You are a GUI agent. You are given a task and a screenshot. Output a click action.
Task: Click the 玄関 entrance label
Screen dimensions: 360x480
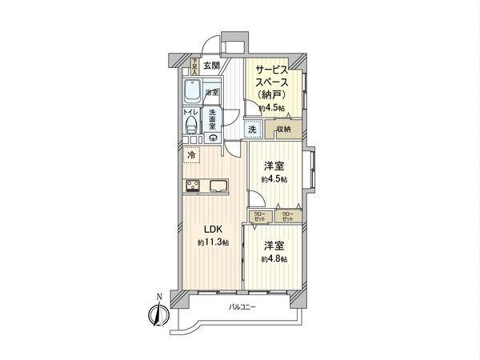coord(212,66)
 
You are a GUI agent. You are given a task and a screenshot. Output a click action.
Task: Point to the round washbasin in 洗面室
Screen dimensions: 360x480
coord(214,138)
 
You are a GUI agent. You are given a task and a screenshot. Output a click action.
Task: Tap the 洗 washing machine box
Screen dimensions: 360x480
coord(251,129)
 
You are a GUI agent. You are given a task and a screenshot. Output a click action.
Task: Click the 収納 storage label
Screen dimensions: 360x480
coord(283,129)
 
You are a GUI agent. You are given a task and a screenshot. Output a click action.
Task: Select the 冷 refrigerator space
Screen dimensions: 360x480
coord(191,156)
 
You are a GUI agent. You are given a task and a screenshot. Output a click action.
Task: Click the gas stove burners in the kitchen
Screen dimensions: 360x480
coord(194,188)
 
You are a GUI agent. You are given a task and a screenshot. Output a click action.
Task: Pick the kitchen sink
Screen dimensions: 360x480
coord(218,187)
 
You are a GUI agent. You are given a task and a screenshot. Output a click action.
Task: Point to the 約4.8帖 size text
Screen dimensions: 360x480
coord(273,259)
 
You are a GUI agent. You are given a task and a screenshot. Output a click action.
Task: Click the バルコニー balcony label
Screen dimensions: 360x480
coord(242,307)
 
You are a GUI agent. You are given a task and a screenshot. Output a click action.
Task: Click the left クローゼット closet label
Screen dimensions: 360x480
coord(259,216)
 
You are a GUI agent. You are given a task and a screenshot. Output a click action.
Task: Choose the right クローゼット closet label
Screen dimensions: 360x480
coord(287,216)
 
